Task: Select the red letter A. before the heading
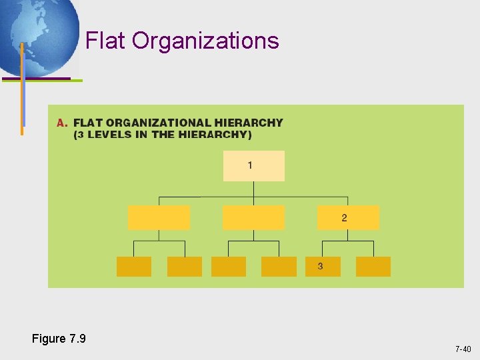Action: pyautogui.click(x=63, y=123)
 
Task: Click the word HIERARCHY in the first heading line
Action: pyautogui.click(x=249, y=123)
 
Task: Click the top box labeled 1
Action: pyautogui.click(x=253, y=166)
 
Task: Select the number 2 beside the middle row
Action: pyautogui.click(x=344, y=218)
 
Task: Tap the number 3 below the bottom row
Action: pyautogui.click(x=320, y=266)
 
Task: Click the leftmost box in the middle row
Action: pyautogui.click(x=159, y=218)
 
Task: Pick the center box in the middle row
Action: pyautogui.click(x=253, y=218)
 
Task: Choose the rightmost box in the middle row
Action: pyautogui.click(x=348, y=218)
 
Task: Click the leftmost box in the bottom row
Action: pyautogui.click(x=134, y=266)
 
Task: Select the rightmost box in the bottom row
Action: pyautogui.click(x=373, y=266)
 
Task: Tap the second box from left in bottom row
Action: pyautogui.click(x=185, y=266)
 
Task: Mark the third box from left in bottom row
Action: pyautogui.click(x=229, y=266)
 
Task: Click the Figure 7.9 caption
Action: pyautogui.click(x=59, y=339)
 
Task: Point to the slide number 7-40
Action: pyautogui.click(x=463, y=349)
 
